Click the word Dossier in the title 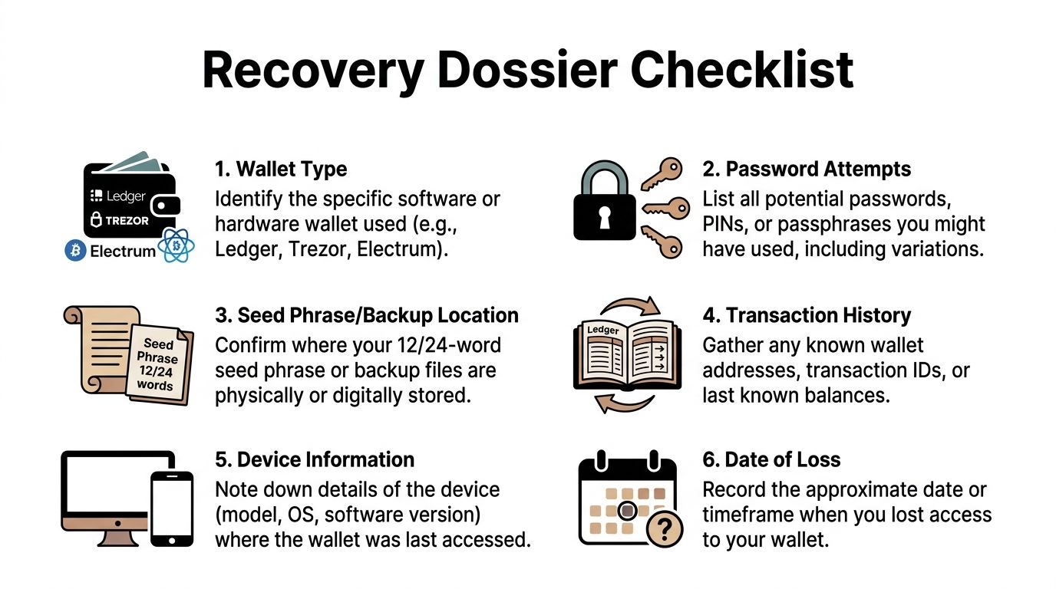527,71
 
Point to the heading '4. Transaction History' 807,315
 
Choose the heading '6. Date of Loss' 771,459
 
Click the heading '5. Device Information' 315,459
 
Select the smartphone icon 171,508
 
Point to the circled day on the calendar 627,509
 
